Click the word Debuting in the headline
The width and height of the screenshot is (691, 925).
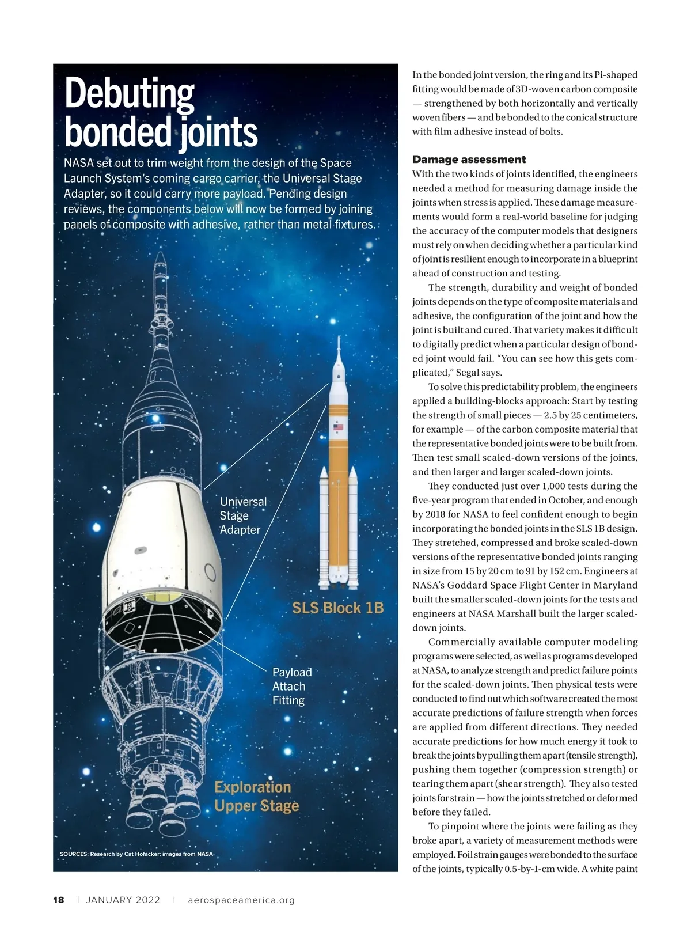pos(130,94)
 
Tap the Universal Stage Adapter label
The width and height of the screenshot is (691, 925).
pos(242,515)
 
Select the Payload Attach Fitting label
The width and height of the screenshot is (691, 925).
pos(292,686)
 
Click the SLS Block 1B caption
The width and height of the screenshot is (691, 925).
pos(337,608)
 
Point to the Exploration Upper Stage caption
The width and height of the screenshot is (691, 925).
pos(256,796)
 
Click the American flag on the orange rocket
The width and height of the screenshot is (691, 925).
pos(338,427)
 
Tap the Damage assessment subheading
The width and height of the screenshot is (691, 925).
pos(469,160)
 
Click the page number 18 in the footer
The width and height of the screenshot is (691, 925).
pos(59,900)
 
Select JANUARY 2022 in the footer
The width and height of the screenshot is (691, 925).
pos(123,900)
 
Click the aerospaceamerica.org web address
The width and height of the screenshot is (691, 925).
pos(241,900)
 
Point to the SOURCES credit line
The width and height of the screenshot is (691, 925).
pos(136,854)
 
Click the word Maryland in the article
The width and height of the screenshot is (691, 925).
pos(616,585)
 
